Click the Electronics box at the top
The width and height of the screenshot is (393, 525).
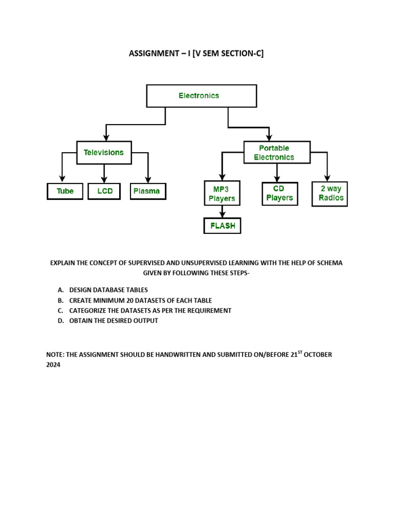[202, 96]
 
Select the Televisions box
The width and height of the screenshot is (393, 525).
[104, 152]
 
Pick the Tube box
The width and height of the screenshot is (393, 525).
[65, 191]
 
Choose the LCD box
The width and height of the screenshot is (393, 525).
[104, 191]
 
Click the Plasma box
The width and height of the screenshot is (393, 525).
[147, 191]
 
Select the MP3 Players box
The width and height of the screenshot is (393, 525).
[222, 193]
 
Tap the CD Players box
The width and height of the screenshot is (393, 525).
[280, 193]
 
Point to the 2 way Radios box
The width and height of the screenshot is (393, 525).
[330, 193]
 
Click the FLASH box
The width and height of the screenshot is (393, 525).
[222, 226]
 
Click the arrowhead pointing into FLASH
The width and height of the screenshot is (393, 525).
[222, 215]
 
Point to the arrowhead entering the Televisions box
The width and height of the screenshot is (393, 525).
[106, 137]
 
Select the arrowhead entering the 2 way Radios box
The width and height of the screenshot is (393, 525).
[327, 177]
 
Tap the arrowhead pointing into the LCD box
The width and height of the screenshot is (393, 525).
[104, 180]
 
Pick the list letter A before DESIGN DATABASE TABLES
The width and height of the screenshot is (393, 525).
[60, 290]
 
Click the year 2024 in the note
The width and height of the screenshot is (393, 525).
[53, 365]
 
